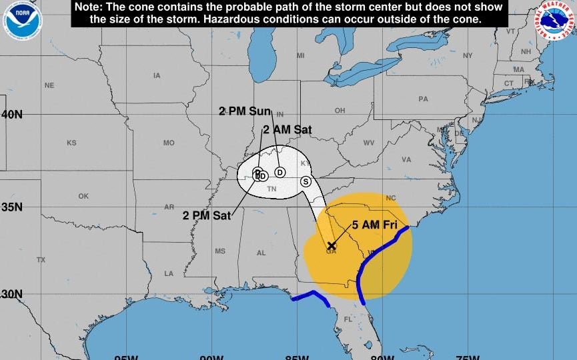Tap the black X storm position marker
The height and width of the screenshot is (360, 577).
coord(331,245)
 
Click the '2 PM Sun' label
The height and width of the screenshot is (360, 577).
coord(245,111)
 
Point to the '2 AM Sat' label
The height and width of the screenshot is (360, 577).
coord(287,130)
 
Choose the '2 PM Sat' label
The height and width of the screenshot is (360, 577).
coord(207,215)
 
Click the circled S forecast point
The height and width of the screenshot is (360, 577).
coord(306,181)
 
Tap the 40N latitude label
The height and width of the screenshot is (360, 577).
coord(11,115)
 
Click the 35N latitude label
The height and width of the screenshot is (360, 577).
coord(11,207)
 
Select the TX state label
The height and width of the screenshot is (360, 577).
coord(41,259)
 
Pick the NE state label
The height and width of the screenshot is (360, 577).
coord(49,85)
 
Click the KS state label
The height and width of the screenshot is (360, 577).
coord(72,143)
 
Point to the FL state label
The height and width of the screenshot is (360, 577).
coord(347,319)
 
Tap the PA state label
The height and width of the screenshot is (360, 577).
coord(423,99)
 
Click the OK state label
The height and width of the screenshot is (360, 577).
coord(83,196)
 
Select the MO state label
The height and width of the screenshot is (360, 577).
coord(169,143)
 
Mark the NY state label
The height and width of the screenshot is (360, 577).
coord(468,55)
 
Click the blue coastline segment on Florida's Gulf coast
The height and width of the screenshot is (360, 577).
coord(310,297)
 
